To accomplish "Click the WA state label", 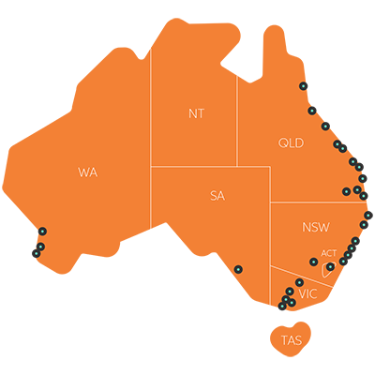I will tap(88, 172).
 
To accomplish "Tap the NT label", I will tap(196, 113).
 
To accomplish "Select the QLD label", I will tap(291, 142).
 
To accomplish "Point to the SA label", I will tap(217, 196).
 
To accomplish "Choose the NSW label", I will tap(316, 228).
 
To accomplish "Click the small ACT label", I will tap(328, 253).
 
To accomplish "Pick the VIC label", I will tap(307, 294).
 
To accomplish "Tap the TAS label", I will tap(292, 339).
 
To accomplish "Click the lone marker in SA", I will tap(238, 269).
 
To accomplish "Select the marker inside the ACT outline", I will tap(330, 267).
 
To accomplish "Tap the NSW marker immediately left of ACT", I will tap(313, 262).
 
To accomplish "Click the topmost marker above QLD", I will tap(304, 86).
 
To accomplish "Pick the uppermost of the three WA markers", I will tap(42, 231).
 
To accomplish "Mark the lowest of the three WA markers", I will tap(37, 253).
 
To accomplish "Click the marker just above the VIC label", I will tap(299, 282).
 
